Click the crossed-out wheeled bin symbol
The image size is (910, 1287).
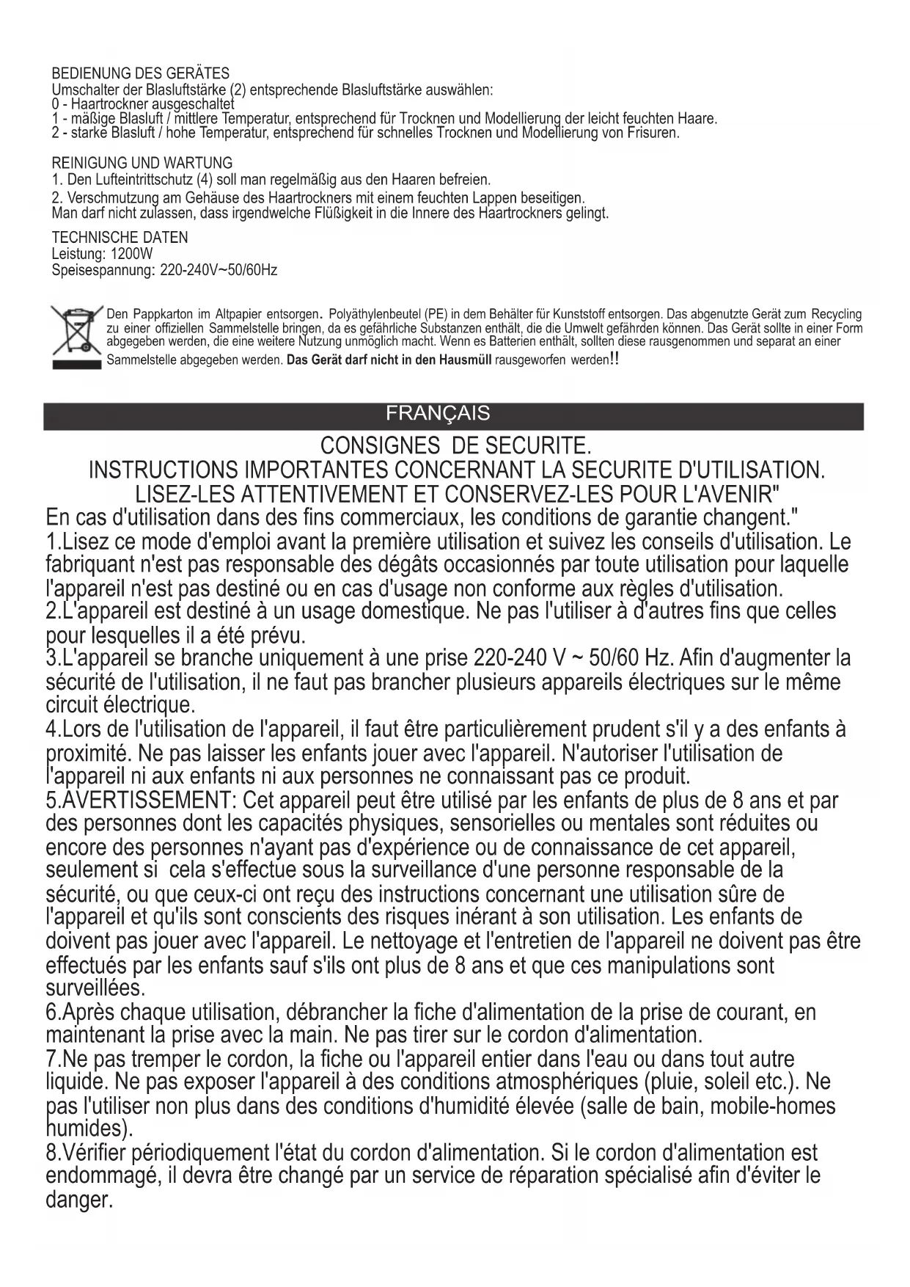(75, 335)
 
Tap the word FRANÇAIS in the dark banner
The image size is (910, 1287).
(438, 414)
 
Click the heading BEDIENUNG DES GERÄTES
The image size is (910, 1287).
(140, 73)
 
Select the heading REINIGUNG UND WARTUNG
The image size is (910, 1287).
(142, 163)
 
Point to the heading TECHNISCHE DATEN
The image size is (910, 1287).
(120, 238)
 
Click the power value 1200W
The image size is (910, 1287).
(132, 255)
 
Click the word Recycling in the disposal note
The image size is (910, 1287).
(837, 315)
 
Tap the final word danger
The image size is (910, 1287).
(79, 1200)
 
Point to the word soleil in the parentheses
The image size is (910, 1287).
(738, 1082)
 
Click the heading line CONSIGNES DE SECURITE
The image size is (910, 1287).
(455, 446)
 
